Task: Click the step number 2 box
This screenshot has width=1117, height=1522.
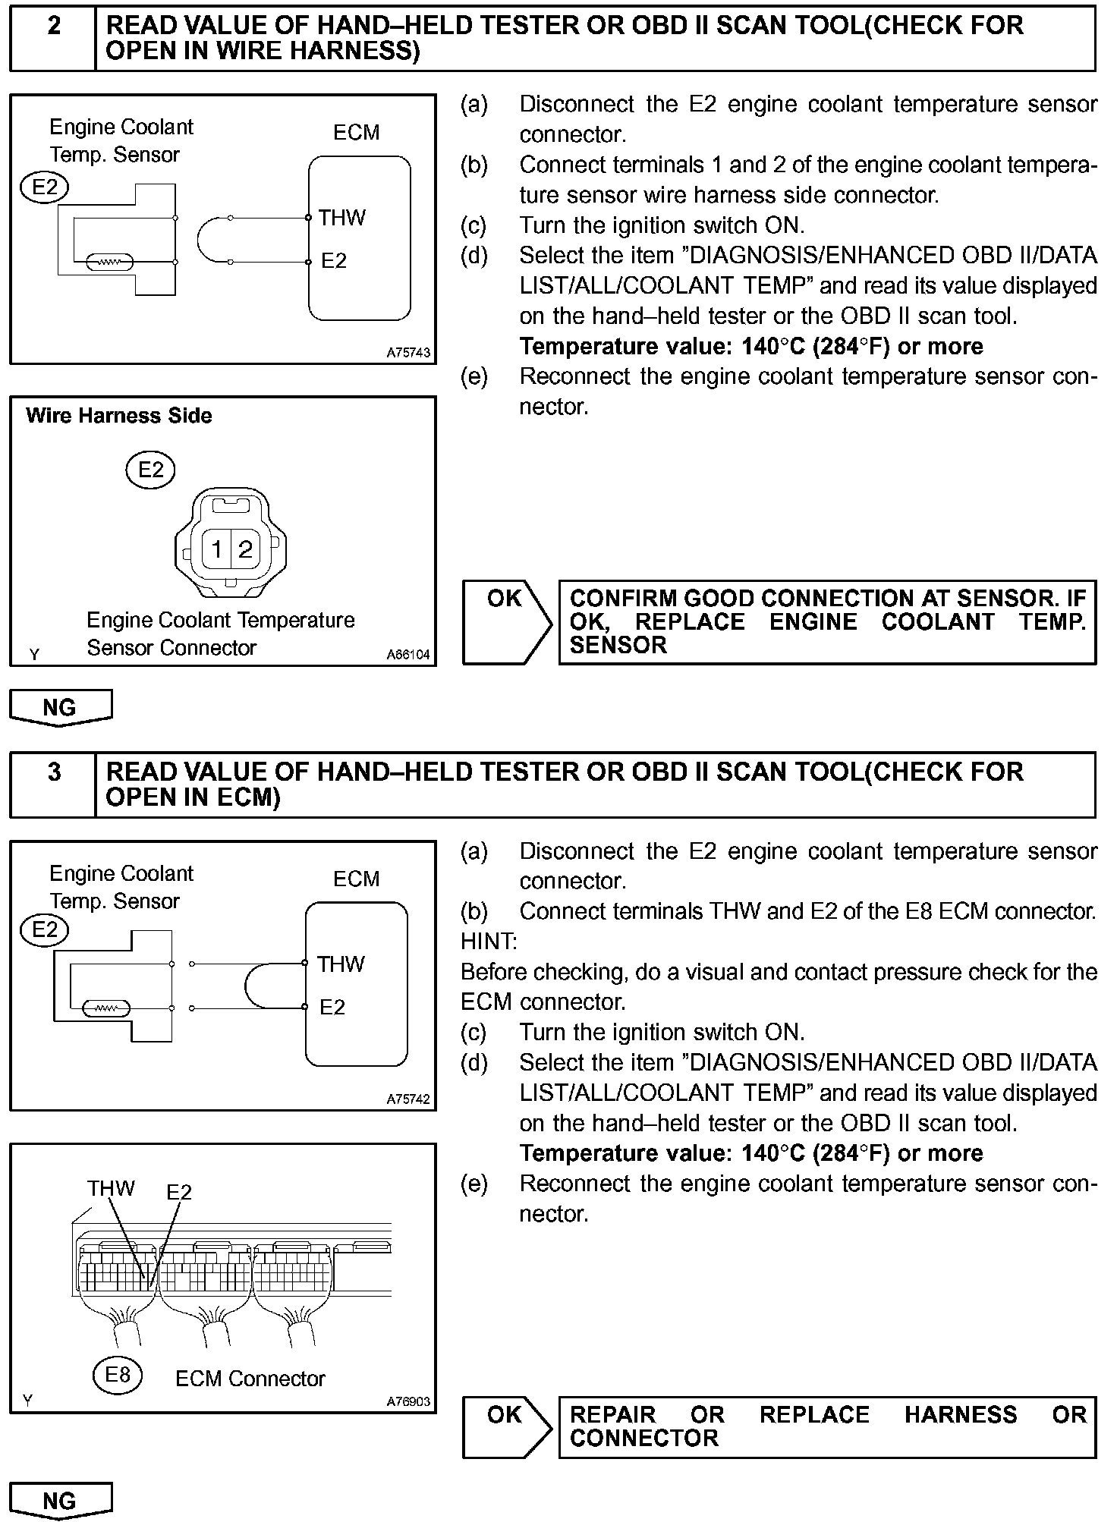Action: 53,38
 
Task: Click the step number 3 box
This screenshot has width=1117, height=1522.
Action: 53,785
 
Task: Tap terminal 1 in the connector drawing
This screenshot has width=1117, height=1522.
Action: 217,549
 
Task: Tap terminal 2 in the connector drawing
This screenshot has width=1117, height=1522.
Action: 245,549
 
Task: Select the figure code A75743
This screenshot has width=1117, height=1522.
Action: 408,353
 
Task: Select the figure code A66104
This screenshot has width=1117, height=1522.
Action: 408,654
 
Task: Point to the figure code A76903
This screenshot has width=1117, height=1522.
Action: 408,1401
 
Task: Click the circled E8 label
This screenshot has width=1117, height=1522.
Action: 118,1375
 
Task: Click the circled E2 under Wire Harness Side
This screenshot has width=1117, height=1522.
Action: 150,470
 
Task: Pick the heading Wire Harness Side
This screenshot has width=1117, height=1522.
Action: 119,416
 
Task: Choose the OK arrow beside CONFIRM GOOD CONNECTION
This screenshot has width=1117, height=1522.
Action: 507,622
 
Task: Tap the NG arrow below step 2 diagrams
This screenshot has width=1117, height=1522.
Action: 61,707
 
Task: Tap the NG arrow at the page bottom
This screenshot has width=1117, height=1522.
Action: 61,1501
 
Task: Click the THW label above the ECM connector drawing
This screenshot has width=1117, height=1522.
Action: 111,1188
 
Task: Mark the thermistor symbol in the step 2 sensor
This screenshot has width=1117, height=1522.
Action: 111,263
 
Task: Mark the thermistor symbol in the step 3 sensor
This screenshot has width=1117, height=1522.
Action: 107,1009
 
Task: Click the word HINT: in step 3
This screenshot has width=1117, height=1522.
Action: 489,942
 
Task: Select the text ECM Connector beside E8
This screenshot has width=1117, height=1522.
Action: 250,1379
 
